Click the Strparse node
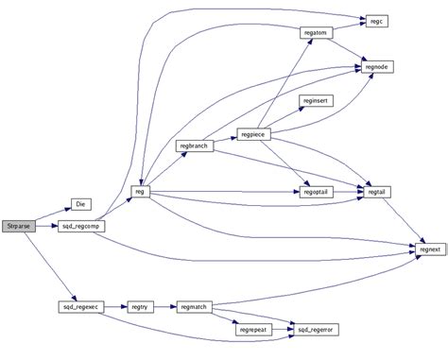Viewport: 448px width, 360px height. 18,227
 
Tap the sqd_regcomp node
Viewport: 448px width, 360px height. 81,227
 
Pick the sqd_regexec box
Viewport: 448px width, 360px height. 80,307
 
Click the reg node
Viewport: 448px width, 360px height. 139,192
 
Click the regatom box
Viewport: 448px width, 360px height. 315,33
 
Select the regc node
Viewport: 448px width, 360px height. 376,20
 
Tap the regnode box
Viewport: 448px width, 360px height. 375,66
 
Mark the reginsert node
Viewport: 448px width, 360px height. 315,99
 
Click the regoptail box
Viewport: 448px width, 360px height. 315,192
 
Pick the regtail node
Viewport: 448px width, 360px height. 375,192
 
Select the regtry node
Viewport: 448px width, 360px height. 140,307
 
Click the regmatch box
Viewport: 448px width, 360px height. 192,307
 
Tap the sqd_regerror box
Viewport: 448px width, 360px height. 317,328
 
